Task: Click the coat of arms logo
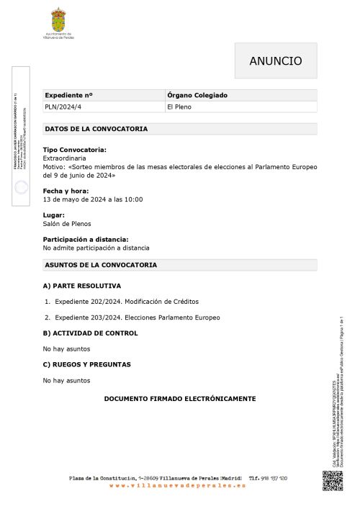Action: point(58,19)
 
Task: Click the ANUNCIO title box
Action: point(276,61)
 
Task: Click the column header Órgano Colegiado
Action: point(197,95)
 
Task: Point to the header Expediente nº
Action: point(69,95)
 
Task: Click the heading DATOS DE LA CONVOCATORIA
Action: point(96,130)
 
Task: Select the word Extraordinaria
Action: point(64,158)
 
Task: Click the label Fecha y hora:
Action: point(66,192)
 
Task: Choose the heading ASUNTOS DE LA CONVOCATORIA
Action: point(100,265)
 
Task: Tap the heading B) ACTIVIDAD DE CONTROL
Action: point(90,333)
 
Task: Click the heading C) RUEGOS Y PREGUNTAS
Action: point(86,364)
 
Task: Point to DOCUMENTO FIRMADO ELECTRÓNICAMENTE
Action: point(180,398)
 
